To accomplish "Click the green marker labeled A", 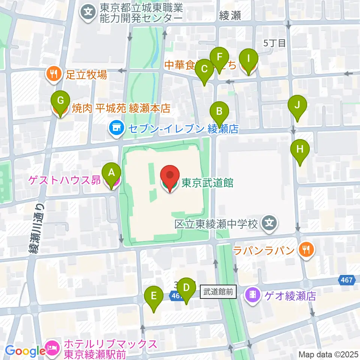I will pyautogui.click(x=111, y=172).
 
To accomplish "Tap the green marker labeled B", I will pyautogui.click(x=219, y=111).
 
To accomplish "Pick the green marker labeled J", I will pyautogui.click(x=297, y=105).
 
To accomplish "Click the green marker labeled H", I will pyautogui.click(x=300, y=149).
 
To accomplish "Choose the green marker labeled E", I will pyautogui.click(x=154, y=296).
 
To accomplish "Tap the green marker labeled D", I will pyautogui.click(x=186, y=288).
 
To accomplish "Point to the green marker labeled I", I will pyautogui.click(x=249, y=58).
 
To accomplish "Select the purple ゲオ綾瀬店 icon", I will pyautogui.click(x=253, y=295).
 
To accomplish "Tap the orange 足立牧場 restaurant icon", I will pyautogui.click(x=54, y=74).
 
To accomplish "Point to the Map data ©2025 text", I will pyautogui.click(x=328, y=354).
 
